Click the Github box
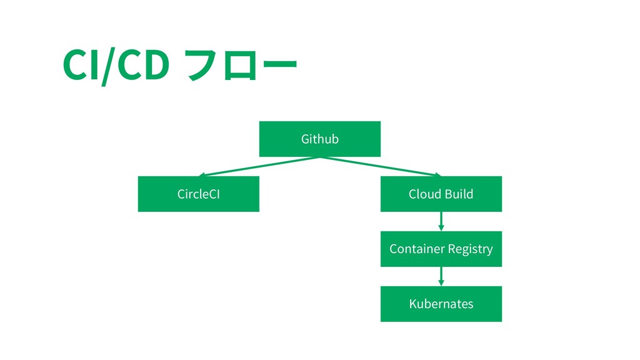[320, 139]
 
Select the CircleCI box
[199, 194]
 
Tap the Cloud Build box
[441, 194]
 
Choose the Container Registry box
[441, 249]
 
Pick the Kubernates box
[441, 304]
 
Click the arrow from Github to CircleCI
[259, 166]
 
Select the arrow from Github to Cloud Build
[381, 166]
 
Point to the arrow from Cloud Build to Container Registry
[441, 222]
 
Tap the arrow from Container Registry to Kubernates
[441, 276]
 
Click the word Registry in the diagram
[470, 249]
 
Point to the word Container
[417, 249]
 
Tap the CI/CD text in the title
[116, 65]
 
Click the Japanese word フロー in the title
[241, 64]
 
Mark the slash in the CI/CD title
[108, 66]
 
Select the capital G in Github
[305, 139]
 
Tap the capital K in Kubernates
[413, 304]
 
